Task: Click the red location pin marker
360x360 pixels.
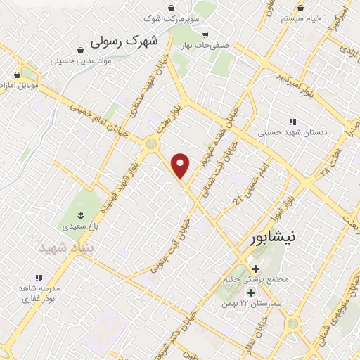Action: click(x=181, y=165)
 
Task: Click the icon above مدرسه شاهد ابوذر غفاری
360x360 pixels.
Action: click(x=39, y=278)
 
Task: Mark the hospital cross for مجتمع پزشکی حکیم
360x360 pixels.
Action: click(x=256, y=269)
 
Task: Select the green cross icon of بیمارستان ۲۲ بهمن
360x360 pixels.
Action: click(x=251, y=292)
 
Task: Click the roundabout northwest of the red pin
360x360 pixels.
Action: click(x=150, y=143)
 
